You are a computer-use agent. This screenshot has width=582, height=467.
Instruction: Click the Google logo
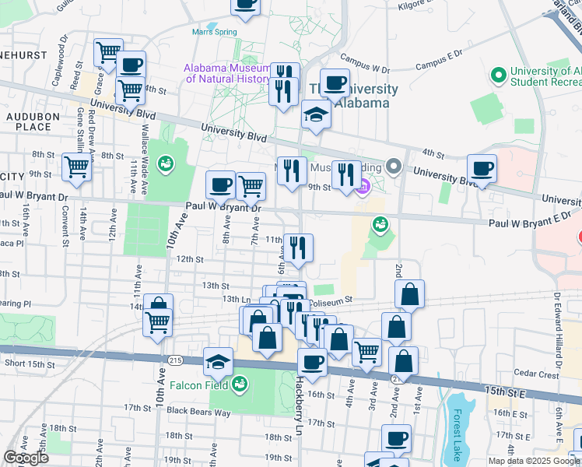[26, 458]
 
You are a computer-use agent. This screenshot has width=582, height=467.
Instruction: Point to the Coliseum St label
[330, 299]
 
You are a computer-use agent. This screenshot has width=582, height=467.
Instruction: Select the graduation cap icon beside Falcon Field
[219, 361]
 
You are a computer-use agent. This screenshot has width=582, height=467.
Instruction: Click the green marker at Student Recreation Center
[498, 76]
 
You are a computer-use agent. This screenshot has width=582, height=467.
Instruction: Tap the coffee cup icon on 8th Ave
[220, 184]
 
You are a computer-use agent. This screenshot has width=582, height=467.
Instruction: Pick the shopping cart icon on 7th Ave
[251, 186]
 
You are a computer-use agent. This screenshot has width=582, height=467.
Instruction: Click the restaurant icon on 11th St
[298, 248]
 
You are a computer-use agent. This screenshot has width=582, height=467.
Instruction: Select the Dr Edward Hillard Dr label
[558, 329]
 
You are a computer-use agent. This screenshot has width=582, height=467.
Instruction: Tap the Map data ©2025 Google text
[534, 461]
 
